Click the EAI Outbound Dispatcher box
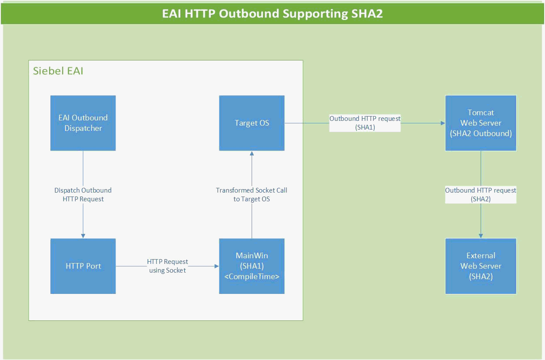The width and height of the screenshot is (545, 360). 83,123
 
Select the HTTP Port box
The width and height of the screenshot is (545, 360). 83,266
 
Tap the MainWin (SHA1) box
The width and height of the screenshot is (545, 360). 252,266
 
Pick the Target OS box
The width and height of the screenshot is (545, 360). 252,123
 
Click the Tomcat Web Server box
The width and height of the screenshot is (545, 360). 481,123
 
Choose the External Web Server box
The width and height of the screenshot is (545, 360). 481,266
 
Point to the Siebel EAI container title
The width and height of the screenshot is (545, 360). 58,71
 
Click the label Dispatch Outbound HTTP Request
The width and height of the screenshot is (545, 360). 83,194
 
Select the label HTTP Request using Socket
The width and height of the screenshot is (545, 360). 167,266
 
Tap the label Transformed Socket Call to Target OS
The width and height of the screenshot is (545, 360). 252,194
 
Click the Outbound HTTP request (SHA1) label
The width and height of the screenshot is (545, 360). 365,123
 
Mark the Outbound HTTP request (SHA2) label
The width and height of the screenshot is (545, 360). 481,194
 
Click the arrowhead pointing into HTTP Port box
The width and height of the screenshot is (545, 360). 83,236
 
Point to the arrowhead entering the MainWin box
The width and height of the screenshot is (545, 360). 216,266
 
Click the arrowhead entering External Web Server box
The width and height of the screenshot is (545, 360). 481,236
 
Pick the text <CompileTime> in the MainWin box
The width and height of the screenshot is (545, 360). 252,277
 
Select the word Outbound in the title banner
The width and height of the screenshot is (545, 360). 249,13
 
